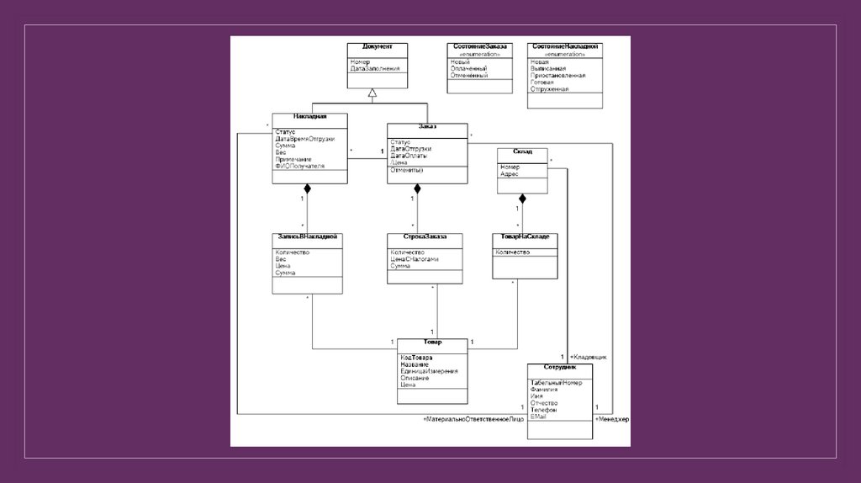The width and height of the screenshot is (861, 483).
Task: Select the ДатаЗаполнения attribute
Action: click(x=375, y=68)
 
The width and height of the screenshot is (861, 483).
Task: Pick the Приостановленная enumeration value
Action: click(x=557, y=75)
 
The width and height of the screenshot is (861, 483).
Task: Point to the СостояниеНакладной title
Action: click(x=565, y=46)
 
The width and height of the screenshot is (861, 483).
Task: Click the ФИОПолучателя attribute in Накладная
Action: click(x=299, y=166)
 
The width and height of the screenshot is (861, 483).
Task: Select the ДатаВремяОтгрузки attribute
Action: click(x=304, y=139)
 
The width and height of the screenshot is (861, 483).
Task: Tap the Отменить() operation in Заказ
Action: click(x=407, y=170)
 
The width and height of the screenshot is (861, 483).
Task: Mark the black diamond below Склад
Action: click(x=522, y=199)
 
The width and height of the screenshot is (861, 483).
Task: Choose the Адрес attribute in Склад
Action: click(x=510, y=173)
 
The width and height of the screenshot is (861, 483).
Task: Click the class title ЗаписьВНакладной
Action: click(x=308, y=237)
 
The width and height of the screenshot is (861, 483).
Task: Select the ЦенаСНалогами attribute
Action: click(x=415, y=259)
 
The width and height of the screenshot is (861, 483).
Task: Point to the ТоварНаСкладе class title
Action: click(x=526, y=237)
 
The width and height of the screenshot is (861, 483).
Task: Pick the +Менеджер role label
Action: click(x=612, y=419)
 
